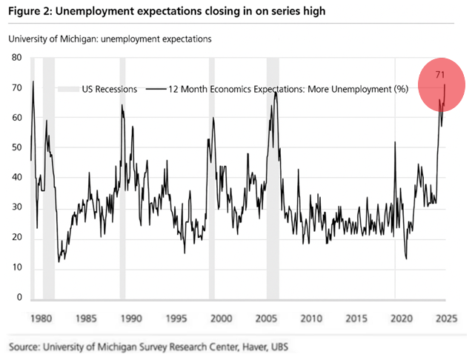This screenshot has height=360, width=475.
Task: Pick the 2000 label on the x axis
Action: [220, 319]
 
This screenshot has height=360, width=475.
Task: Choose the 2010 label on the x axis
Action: [310, 319]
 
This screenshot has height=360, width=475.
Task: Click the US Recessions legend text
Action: [109, 89]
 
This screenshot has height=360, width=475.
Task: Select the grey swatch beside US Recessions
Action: [68, 89]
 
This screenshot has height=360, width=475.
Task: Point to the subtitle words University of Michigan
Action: [53, 39]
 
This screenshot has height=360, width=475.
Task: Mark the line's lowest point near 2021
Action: [407, 259]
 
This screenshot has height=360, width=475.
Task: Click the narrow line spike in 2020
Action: [395, 142]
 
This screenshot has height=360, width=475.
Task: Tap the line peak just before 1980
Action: [33, 81]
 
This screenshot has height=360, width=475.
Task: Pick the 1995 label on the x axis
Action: [176, 319]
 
